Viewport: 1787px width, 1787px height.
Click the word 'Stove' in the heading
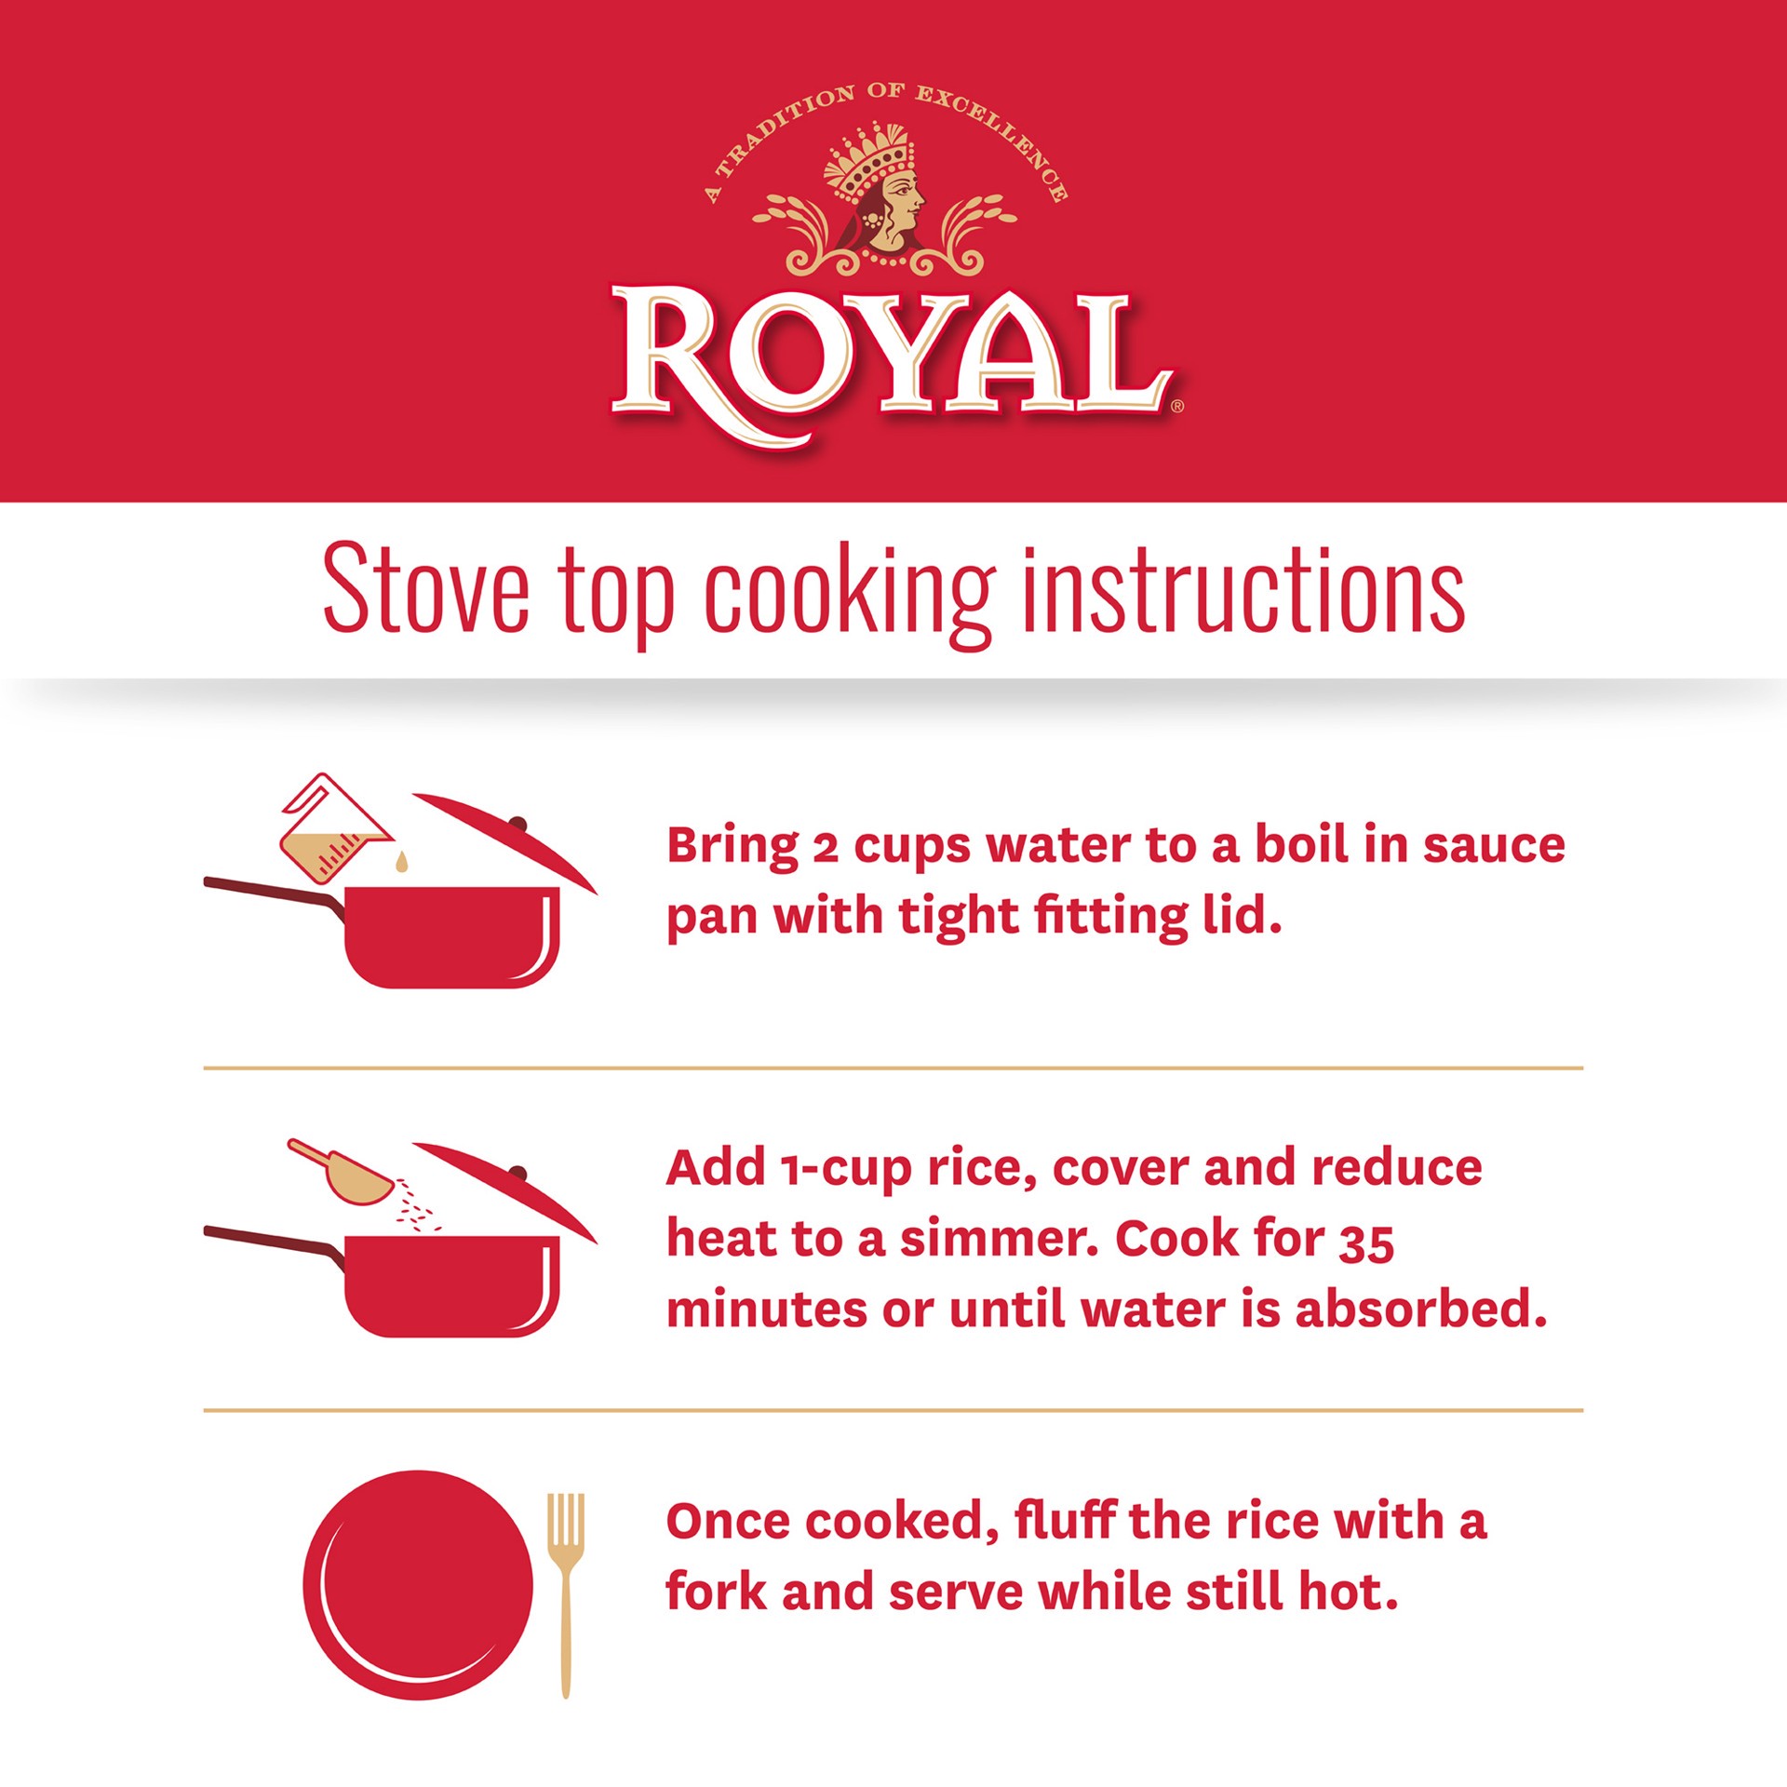click(426, 589)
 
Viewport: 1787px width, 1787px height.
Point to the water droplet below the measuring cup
click(401, 862)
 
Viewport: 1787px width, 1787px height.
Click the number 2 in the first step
click(826, 848)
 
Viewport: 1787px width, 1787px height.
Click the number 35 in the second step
click(1366, 1243)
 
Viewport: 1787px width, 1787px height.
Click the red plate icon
click(418, 1585)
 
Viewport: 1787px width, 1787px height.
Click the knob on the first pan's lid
click(517, 825)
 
